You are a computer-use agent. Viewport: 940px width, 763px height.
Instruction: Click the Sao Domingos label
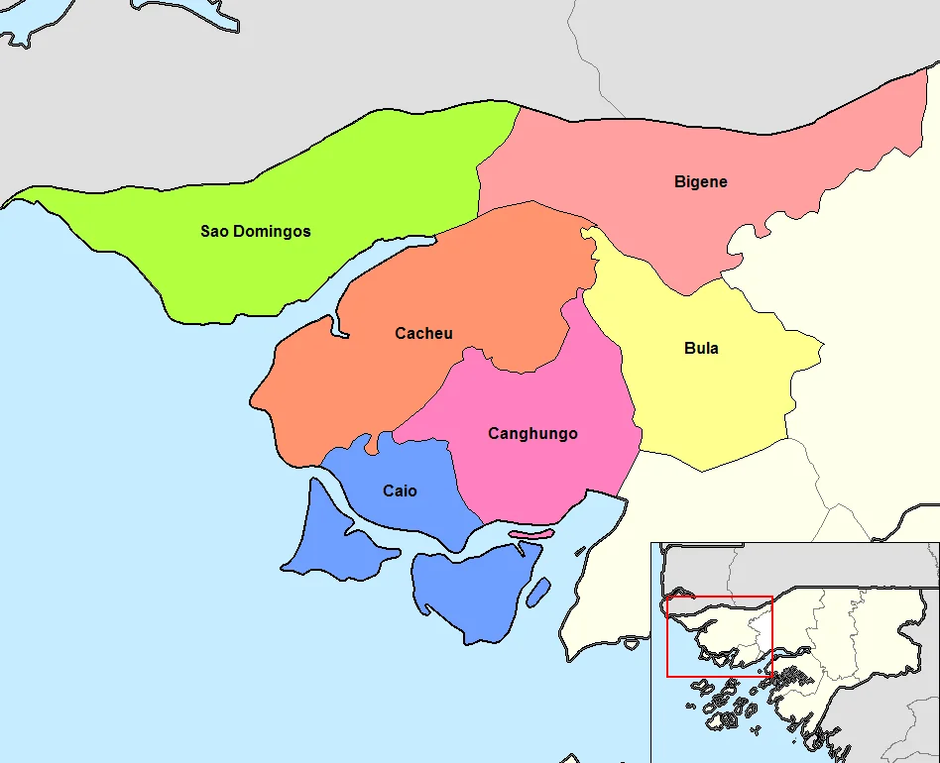(x=255, y=232)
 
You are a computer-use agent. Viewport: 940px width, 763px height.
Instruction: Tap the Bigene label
(x=700, y=182)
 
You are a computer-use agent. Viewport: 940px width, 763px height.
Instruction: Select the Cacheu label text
(x=423, y=334)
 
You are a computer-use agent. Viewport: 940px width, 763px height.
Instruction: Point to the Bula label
(x=701, y=349)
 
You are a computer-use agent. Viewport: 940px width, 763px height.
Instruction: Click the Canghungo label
(x=532, y=434)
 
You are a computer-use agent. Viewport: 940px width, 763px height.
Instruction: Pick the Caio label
(x=400, y=491)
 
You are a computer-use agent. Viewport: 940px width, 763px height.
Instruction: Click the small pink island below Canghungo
(x=531, y=534)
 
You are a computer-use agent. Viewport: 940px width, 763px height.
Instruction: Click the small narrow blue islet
(x=538, y=592)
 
